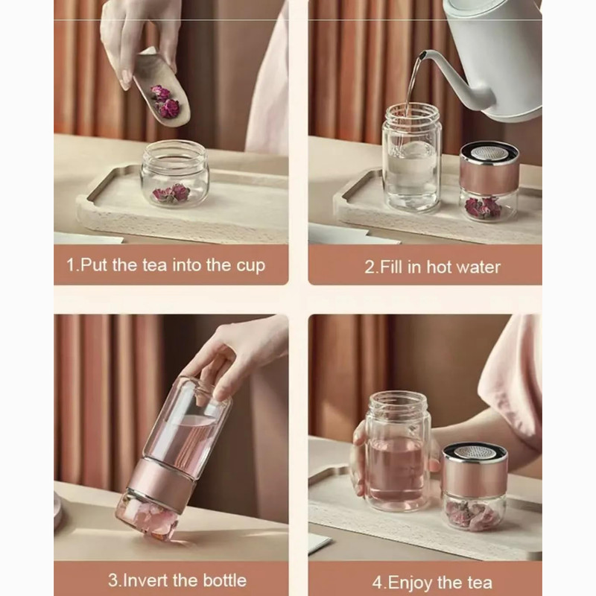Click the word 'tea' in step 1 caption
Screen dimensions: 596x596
(154, 265)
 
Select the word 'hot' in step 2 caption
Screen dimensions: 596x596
(439, 267)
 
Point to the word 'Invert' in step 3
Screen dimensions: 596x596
(146, 580)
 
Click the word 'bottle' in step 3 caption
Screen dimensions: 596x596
(225, 580)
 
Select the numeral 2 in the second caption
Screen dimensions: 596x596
(370, 267)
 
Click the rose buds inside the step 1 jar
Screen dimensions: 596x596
(171, 193)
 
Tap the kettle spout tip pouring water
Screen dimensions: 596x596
(420, 56)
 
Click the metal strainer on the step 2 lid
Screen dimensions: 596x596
(489, 153)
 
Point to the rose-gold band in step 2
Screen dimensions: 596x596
(489, 175)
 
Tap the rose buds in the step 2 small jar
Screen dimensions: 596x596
(483, 207)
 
